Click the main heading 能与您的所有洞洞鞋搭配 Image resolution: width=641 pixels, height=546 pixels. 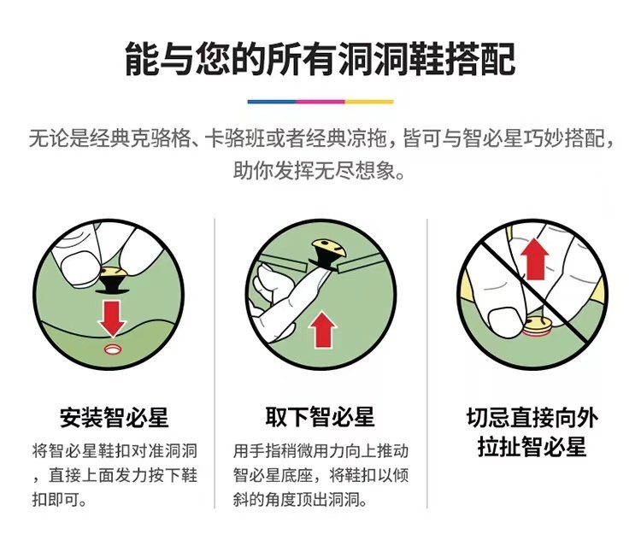(320, 59)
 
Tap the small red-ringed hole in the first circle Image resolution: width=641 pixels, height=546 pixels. (112, 350)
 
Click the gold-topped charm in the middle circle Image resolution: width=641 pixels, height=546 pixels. (328, 250)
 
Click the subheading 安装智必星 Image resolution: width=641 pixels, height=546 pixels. (114, 419)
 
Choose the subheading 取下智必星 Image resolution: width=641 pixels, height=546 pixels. (320, 419)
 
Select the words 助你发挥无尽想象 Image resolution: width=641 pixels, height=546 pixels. (320, 170)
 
